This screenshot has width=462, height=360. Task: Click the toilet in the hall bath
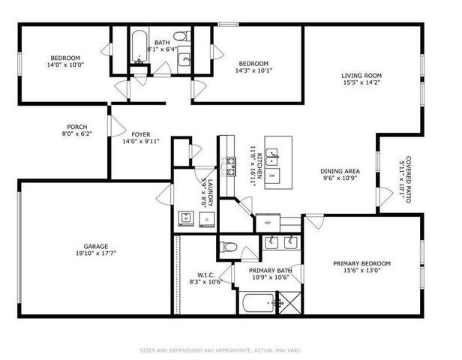click(181, 35)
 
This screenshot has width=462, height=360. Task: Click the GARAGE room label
click(96, 246)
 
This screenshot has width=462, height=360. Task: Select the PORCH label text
click(77, 127)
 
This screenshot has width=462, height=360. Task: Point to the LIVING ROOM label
click(361, 75)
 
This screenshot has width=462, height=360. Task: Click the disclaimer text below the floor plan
click(230, 349)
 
